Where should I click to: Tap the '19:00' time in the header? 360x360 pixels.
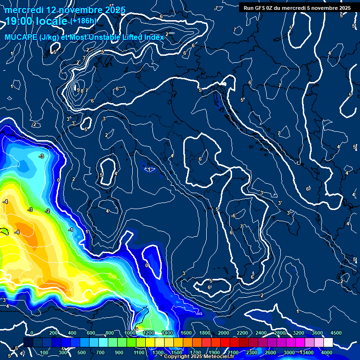20,21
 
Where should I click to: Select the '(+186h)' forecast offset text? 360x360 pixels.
83,21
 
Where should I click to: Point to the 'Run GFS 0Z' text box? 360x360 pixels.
297,7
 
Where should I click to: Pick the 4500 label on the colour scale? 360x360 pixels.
336,332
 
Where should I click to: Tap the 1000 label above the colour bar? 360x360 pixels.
130,332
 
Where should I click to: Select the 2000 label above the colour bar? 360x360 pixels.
224,332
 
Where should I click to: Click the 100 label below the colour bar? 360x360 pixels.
45,352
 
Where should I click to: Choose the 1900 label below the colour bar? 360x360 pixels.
214,352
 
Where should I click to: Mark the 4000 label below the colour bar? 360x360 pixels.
327,352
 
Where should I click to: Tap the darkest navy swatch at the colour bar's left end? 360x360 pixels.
28,343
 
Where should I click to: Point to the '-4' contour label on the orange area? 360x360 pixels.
17,232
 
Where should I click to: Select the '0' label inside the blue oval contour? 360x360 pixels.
147,265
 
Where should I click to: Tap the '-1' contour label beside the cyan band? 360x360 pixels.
70,230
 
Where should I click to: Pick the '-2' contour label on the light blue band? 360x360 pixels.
47,211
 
